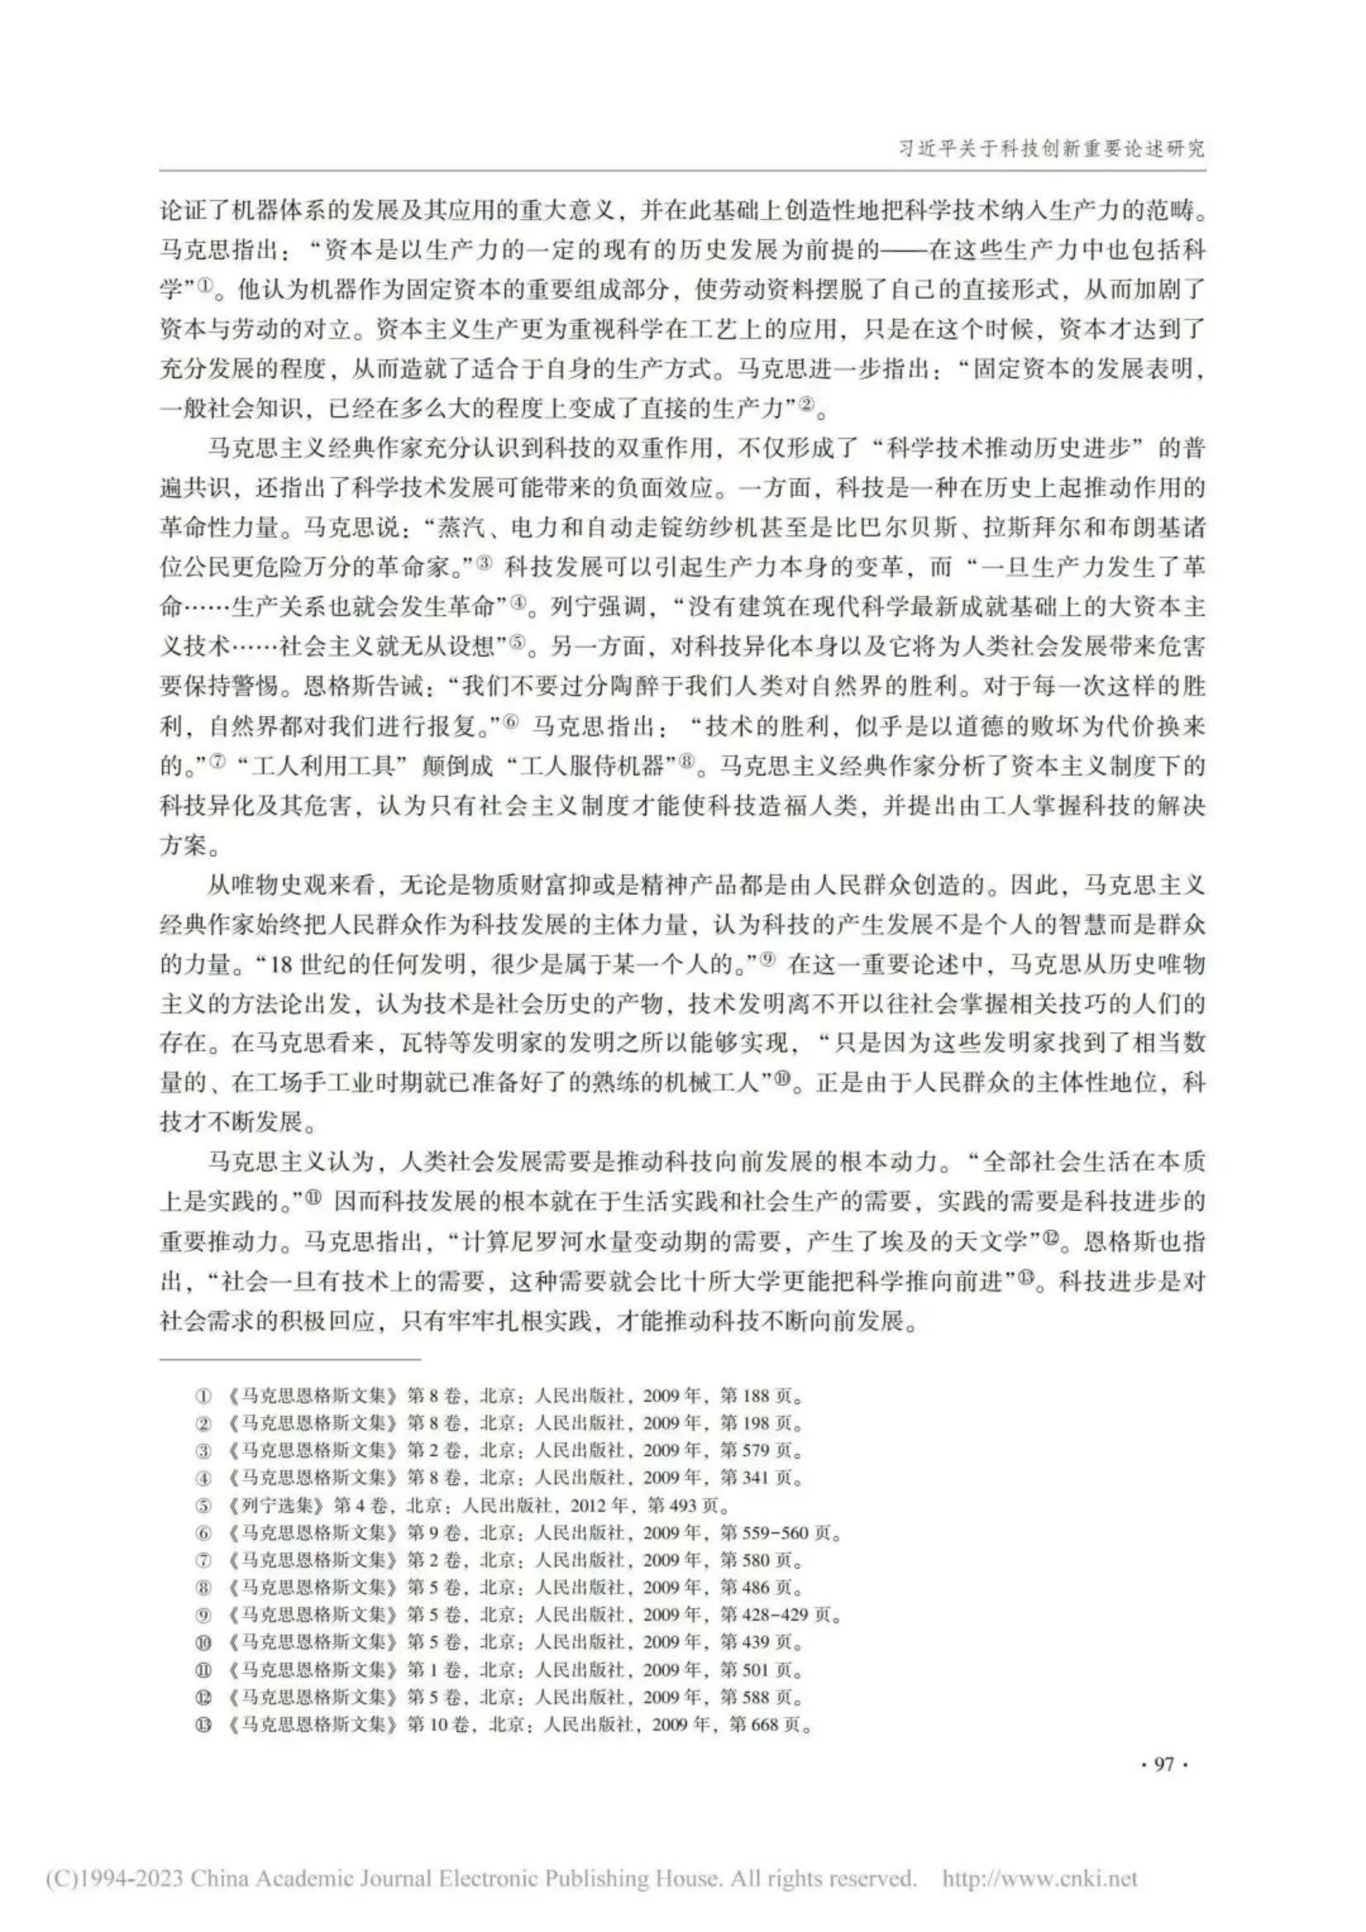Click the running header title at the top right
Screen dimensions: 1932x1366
(x=1052, y=149)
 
